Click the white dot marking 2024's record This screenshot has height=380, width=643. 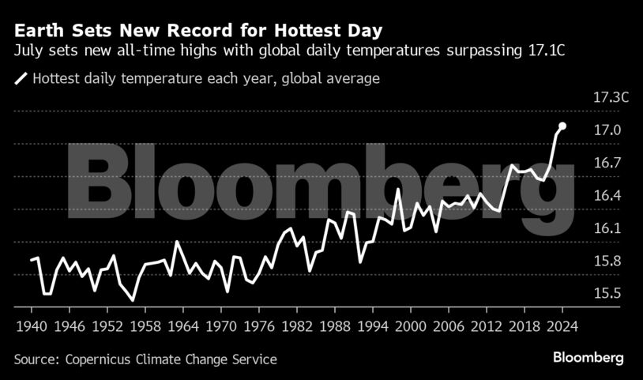[562, 126]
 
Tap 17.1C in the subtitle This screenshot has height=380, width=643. [550, 51]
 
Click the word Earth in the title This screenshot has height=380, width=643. [36, 32]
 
